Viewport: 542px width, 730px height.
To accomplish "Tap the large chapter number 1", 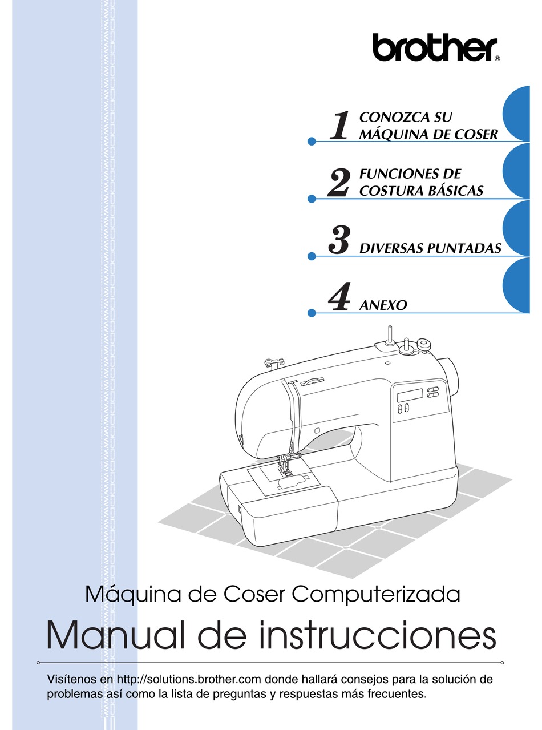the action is coord(339,125).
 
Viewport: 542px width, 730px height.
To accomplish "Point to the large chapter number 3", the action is coord(338,240).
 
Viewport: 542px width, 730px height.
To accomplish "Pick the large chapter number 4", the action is coord(338,296).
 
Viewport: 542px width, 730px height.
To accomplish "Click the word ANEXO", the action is coord(383,305).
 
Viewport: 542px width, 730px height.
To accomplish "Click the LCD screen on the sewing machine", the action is coord(410,395).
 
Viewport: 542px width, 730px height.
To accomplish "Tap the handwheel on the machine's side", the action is coord(451,376).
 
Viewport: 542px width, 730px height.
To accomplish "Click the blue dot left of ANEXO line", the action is coord(312,313).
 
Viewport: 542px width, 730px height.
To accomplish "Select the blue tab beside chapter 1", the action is coord(515,114).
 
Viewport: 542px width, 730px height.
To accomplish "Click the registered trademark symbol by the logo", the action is coord(497,59).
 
